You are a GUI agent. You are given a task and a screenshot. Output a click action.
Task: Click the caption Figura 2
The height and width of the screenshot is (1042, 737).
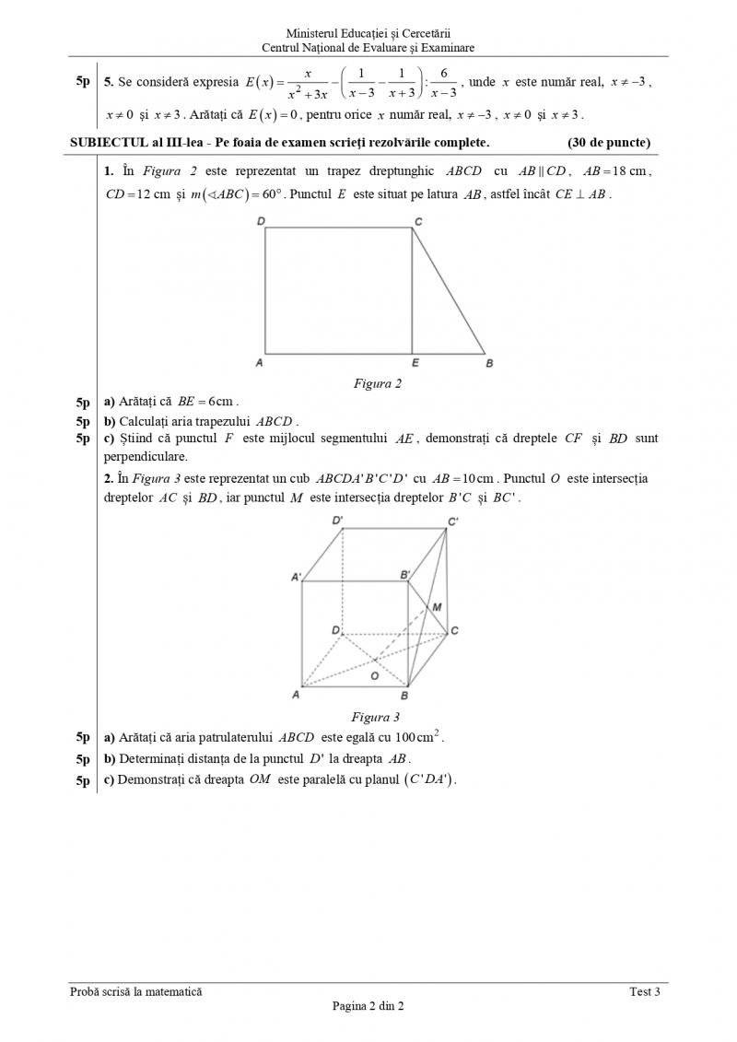click(378, 383)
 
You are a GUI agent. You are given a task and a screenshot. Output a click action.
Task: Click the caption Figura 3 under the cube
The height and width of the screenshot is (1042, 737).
click(375, 717)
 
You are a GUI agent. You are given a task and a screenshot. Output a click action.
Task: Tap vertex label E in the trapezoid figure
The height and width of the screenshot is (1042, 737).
click(415, 364)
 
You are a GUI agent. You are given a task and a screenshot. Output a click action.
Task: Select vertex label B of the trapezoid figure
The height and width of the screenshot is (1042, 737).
click(489, 364)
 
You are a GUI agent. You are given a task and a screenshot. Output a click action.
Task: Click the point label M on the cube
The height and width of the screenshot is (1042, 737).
click(438, 607)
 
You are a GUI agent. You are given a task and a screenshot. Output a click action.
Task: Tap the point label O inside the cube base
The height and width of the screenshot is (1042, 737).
click(374, 675)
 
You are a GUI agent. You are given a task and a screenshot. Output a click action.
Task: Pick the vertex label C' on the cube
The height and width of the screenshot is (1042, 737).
click(453, 522)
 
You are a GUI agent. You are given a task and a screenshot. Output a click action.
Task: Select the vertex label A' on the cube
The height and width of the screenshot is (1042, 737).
click(297, 577)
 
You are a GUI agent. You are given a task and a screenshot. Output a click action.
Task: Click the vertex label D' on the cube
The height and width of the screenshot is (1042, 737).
click(338, 521)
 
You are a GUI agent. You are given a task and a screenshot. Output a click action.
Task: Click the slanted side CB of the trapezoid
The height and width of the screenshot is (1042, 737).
click(449, 291)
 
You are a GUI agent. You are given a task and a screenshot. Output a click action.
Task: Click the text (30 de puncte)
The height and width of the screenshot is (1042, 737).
click(609, 142)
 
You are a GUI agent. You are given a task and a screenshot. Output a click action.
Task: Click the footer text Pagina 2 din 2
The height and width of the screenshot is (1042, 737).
click(368, 1006)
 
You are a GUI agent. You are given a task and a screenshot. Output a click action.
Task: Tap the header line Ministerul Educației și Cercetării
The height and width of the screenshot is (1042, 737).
click(368, 33)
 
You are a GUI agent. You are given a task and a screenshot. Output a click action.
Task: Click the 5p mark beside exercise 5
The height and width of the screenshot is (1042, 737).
click(83, 82)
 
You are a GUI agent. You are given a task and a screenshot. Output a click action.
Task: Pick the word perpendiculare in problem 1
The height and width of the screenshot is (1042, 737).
click(146, 456)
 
